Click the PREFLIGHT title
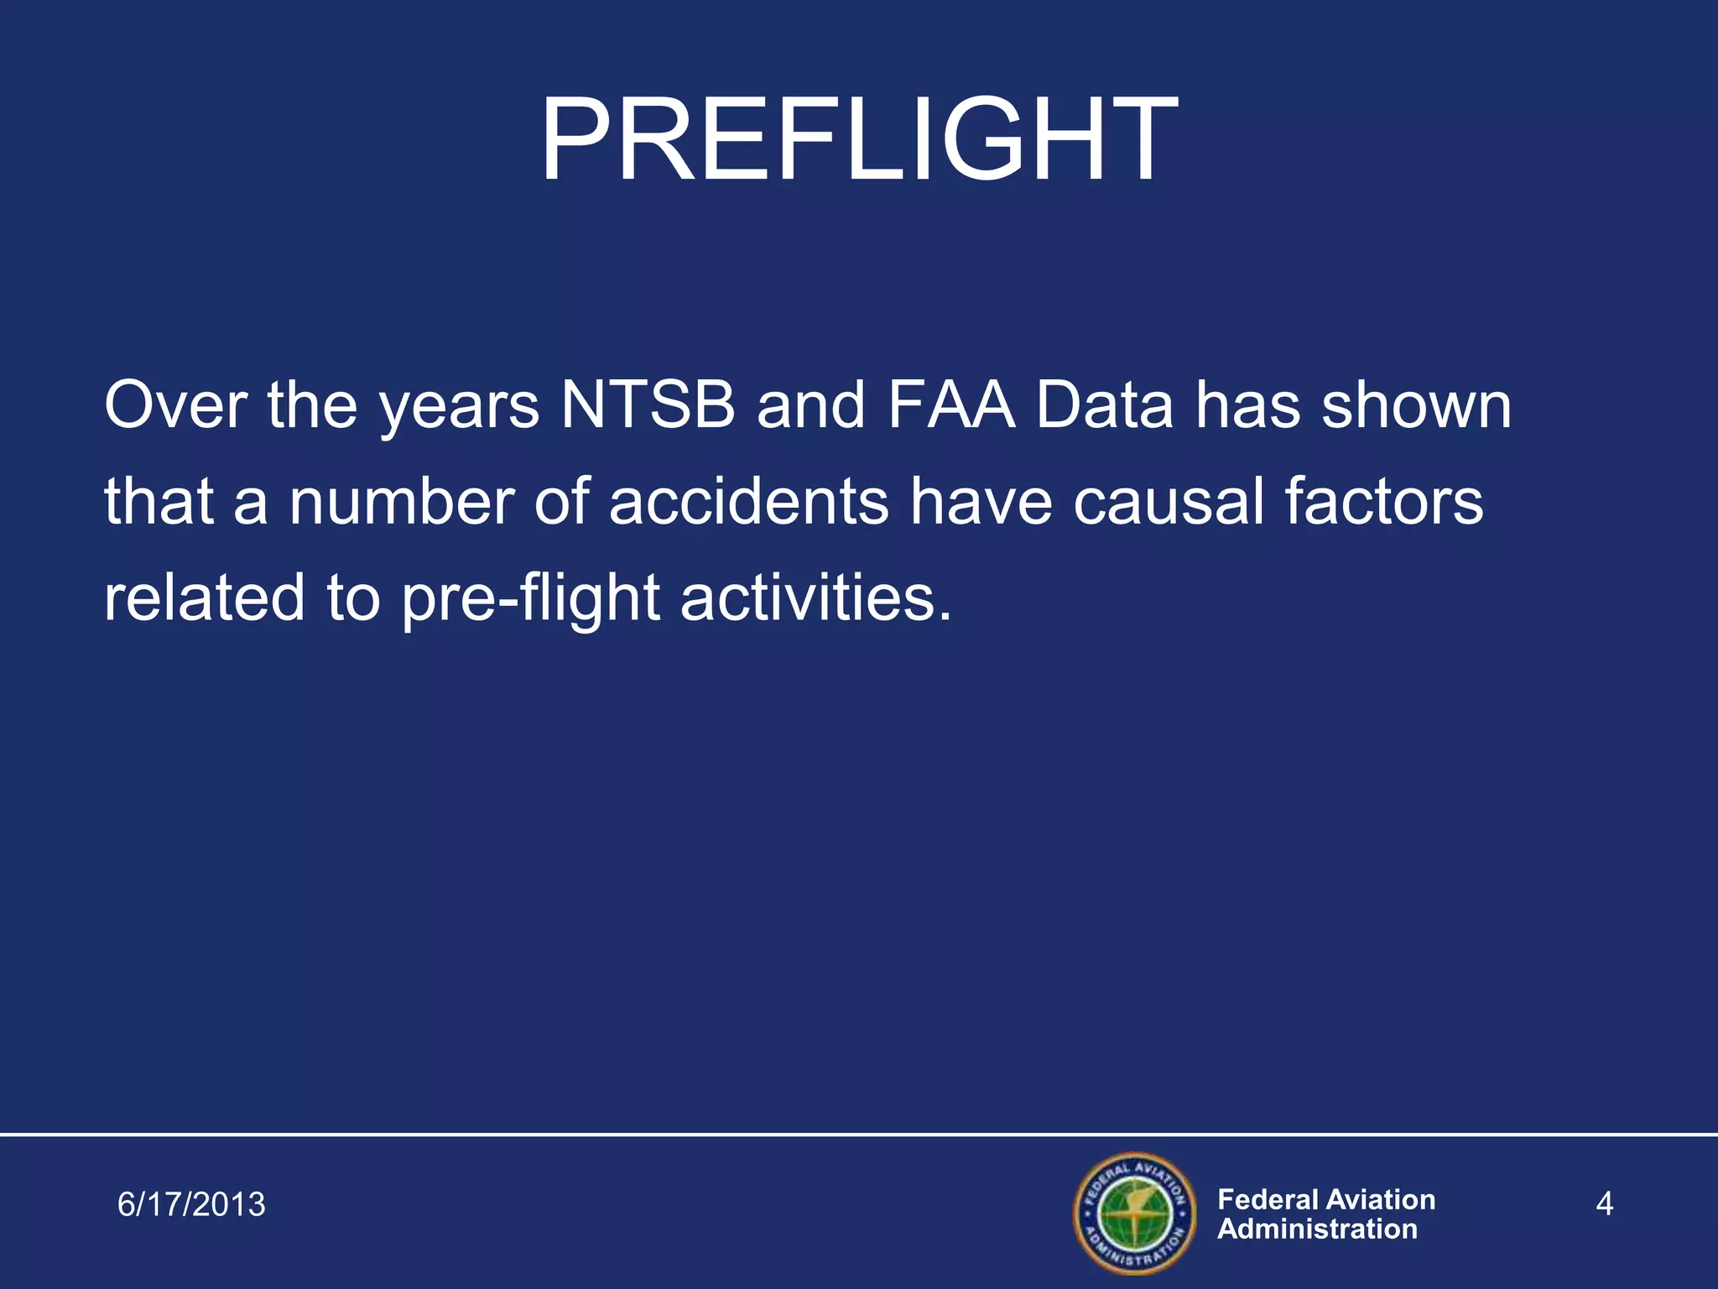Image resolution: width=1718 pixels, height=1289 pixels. [x=858, y=140]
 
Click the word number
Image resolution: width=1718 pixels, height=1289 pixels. [x=401, y=502]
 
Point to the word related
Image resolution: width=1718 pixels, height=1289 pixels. [x=204, y=598]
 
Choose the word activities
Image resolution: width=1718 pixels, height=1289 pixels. [x=815, y=598]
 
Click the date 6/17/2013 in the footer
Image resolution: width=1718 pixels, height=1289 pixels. [x=191, y=1204]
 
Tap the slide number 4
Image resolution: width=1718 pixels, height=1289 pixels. [x=1604, y=1204]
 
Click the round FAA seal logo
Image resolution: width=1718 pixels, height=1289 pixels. [x=1133, y=1213]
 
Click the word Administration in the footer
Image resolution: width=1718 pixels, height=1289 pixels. [x=1317, y=1229]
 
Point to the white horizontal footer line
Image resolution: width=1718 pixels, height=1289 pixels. [x=859, y=1134]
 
